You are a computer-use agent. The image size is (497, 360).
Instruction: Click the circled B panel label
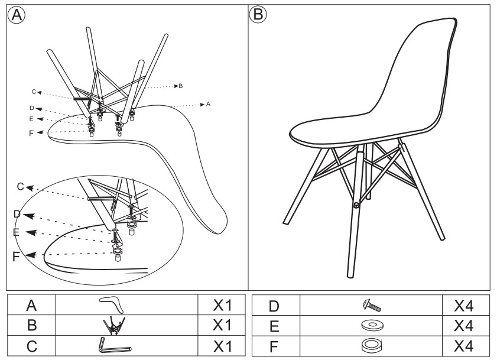click(257, 14)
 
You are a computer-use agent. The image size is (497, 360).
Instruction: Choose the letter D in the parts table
click(276, 306)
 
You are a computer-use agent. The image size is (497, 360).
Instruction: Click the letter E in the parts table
click(276, 325)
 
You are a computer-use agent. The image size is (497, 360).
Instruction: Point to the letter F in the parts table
click(276, 344)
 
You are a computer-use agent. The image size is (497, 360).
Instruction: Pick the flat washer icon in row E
click(371, 325)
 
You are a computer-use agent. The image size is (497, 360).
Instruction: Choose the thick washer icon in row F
click(371, 344)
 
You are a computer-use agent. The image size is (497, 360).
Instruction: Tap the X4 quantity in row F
click(465, 344)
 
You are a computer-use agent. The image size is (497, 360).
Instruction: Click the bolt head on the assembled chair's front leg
click(356, 205)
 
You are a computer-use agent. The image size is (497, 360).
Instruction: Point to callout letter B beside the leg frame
click(180, 86)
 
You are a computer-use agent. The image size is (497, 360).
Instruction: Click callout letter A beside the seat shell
click(208, 104)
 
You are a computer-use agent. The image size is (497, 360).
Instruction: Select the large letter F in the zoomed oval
click(17, 257)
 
